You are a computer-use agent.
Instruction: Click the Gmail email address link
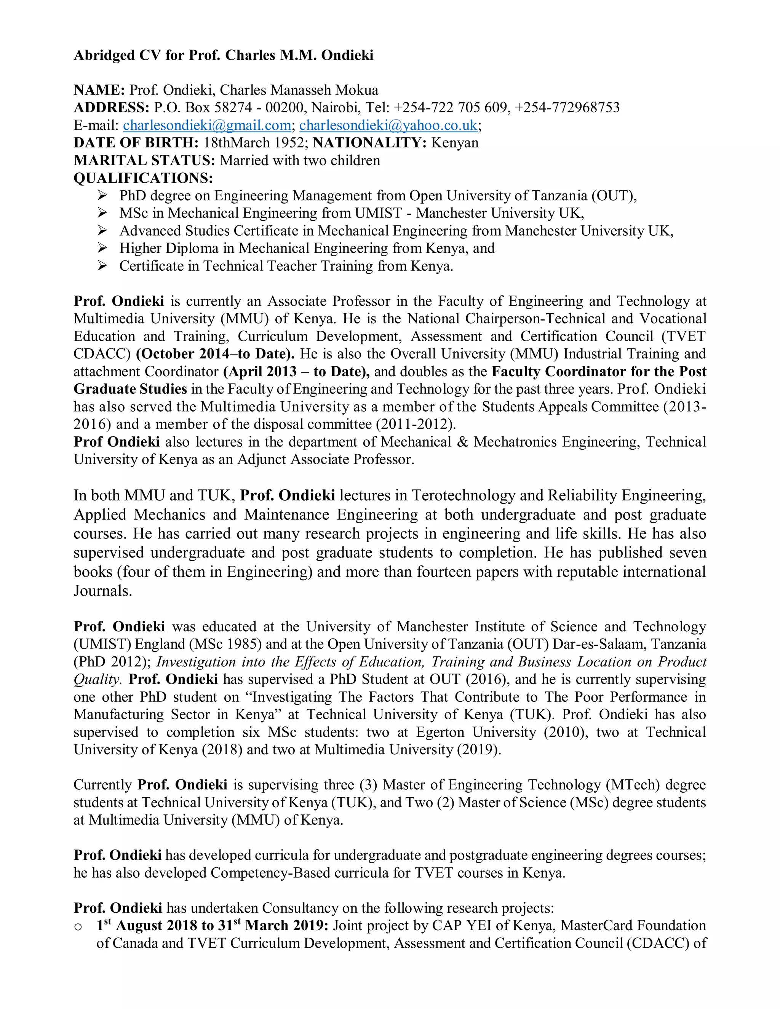coord(206,125)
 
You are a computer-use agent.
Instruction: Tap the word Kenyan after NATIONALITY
coord(455,143)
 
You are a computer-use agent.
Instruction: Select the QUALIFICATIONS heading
coord(143,178)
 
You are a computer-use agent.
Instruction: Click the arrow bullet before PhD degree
coord(102,195)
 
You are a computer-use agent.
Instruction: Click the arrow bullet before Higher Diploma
coord(102,248)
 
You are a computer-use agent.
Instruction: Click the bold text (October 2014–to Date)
coord(215,354)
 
